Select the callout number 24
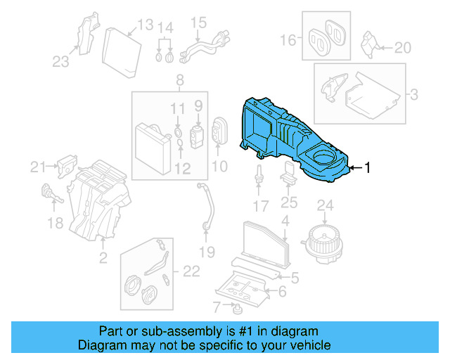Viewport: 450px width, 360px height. pyautogui.click(x=324, y=206)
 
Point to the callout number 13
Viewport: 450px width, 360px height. pyautogui.click(x=145, y=25)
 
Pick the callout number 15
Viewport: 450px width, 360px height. pyautogui.click(x=198, y=22)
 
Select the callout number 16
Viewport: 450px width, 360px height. pyautogui.click(x=289, y=40)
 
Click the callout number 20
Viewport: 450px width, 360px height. pyautogui.click(x=401, y=48)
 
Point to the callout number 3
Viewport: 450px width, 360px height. pyautogui.click(x=414, y=94)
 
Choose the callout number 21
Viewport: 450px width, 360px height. pyautogui.click(x=37, y=167)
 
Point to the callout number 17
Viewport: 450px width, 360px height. pyautogui.click(x=261, y=207)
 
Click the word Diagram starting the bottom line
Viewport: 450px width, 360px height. pyautogui.click(x=101, y=345)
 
